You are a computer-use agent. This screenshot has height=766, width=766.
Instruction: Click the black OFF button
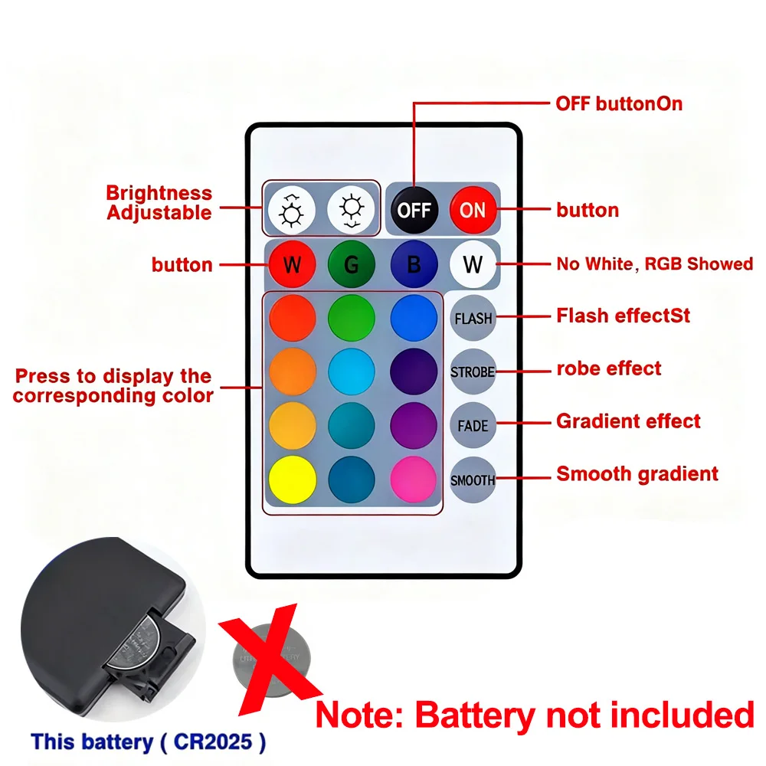coord(414,209)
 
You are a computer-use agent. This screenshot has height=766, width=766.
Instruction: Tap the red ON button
coord(473,209)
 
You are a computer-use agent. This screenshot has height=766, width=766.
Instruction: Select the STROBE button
coord(473,372)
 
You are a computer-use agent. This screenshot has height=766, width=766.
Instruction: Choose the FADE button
coord(473,426)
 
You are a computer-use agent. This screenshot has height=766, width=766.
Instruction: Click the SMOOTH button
coord(473,480)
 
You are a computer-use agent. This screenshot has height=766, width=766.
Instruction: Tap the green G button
coord(351,265)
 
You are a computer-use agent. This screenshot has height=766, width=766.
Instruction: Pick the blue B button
coord(414,265)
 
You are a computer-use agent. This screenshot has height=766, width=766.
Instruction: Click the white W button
coord(473,265)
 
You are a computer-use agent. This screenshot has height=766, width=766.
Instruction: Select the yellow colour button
coord(292,480)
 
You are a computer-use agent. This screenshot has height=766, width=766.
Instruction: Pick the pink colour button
coord(414,480)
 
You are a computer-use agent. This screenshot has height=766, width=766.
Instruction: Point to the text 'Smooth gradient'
coord(637,474)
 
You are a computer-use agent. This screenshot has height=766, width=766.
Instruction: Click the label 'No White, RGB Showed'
coord(654,264)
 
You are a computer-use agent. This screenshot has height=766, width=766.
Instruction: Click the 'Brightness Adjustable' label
coord(159,203)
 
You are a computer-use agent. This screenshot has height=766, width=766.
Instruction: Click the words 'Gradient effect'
coord(628,421)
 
